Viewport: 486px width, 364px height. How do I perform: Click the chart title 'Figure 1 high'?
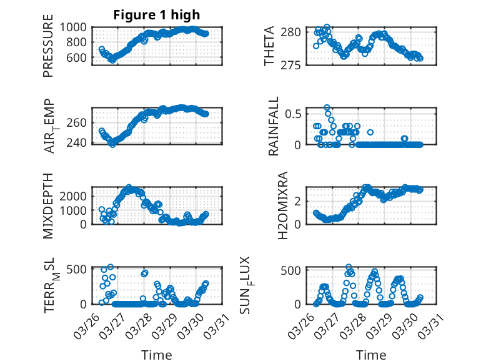point(157,15)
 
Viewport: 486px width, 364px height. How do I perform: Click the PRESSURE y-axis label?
point(49,49)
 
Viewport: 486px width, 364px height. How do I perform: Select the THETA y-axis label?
point(269,46)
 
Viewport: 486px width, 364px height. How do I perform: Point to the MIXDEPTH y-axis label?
point(49,205)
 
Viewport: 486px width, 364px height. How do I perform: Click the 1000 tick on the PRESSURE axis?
point(76,27)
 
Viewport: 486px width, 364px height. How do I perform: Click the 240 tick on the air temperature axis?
point(79,142)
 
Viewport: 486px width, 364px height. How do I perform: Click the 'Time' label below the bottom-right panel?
point(371,355)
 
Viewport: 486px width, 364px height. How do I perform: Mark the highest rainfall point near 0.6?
point(327,107)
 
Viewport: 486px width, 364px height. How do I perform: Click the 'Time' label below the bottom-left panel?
point(157,355)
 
